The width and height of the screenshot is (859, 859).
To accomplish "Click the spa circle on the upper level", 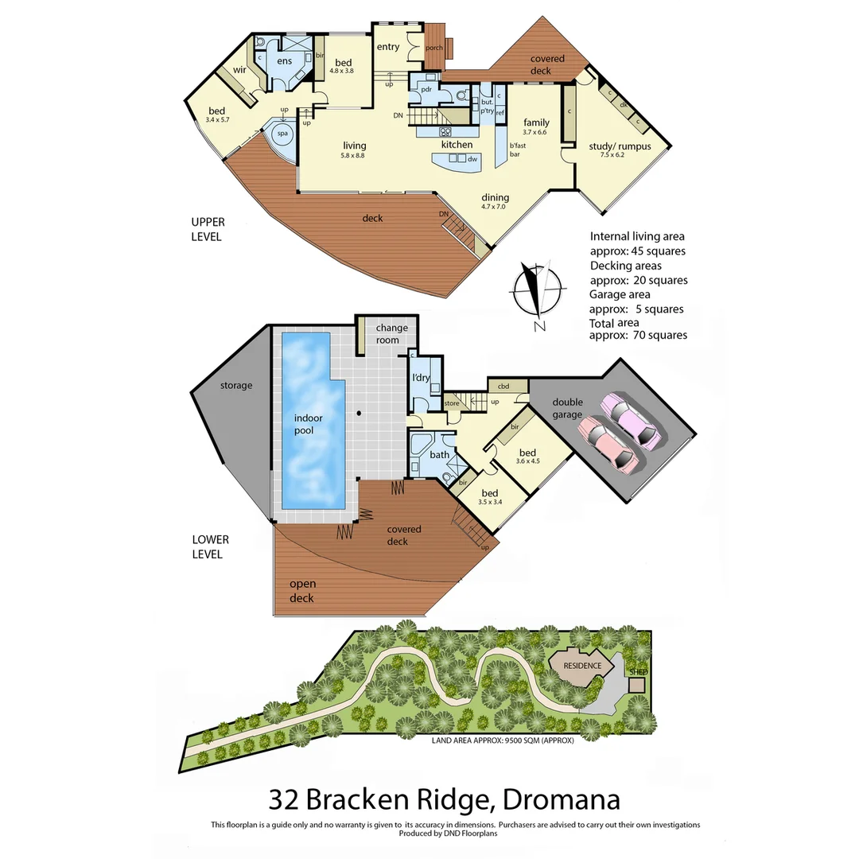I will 282,134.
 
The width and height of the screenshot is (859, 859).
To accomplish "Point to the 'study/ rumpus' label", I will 620,146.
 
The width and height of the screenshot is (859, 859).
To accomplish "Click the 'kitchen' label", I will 457,145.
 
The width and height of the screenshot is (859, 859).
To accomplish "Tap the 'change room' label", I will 391,334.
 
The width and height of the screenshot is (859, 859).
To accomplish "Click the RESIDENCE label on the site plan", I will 583,666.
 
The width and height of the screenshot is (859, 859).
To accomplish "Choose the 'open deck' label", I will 301,591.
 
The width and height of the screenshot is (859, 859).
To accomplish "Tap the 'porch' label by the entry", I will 434,48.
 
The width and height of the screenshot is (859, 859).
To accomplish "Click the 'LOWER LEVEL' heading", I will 210,546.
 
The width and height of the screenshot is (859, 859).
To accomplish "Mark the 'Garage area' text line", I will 620,294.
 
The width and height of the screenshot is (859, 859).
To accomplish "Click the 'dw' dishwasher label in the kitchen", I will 472,159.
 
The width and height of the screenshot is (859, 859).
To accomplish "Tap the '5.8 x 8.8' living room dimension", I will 354,156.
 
